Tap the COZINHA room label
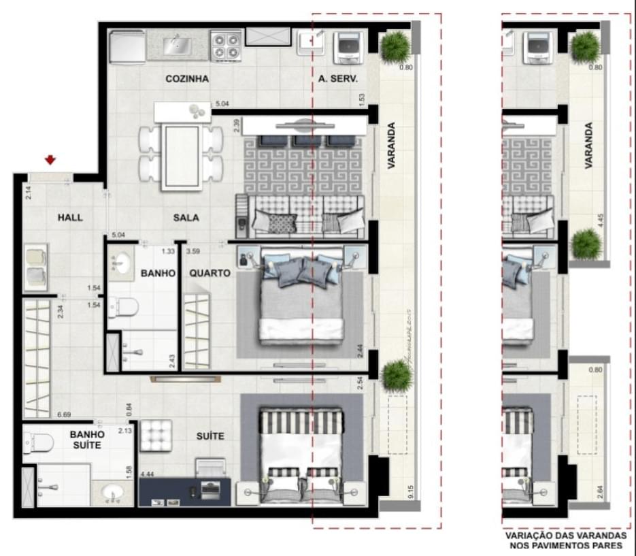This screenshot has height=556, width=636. click(x=186, y=79)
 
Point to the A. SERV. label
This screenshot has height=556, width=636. click(x=338, y=79)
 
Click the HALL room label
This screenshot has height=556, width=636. click(x=70, y=218)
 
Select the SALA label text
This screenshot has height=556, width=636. click(x=186, y=218)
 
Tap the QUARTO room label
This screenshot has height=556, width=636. click(x=210, y=273)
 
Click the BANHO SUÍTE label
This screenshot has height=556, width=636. click(x=86, y=440)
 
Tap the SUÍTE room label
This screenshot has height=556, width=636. click(x=210, y=436)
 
